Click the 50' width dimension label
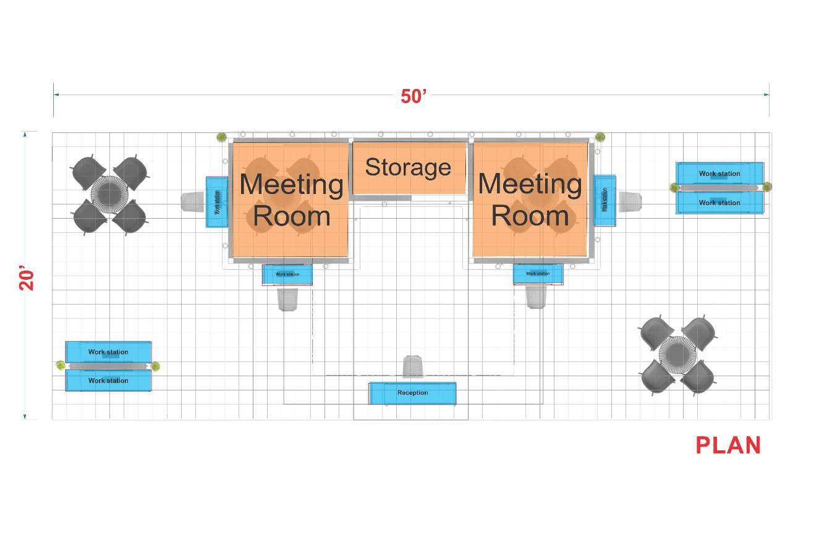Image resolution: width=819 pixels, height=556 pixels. coord(413,96)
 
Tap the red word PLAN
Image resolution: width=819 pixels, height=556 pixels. coord(728,445)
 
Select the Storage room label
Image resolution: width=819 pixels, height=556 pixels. coord(408,167)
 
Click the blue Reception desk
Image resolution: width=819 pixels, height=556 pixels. coord(412,393)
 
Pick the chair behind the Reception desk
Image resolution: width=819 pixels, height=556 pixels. coord(413,366)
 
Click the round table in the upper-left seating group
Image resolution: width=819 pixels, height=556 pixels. coord(109,195)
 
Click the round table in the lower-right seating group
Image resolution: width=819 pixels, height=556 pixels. coord(677,355)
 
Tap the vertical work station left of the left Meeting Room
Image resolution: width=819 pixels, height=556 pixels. coord(217,202)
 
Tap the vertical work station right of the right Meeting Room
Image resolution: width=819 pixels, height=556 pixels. coord(605,201)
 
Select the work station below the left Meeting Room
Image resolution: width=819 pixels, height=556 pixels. coord(287,274)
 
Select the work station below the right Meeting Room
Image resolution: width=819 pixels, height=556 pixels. coord(538,274)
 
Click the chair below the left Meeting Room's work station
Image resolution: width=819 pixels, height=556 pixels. coord(287,300)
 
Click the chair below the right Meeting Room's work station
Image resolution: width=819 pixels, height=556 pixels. coord(536,297)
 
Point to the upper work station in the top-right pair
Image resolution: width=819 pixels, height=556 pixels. coord(719,174)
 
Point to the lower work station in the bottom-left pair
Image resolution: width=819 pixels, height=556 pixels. coord(108,381)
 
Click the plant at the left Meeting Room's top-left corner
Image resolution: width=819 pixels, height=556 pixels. coord(221,137)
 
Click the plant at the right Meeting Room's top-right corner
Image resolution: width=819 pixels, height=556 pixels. coord(600,137)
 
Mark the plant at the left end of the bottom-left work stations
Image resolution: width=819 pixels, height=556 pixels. coord(61,365)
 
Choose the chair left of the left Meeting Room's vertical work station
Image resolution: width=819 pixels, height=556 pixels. coord(193,202)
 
